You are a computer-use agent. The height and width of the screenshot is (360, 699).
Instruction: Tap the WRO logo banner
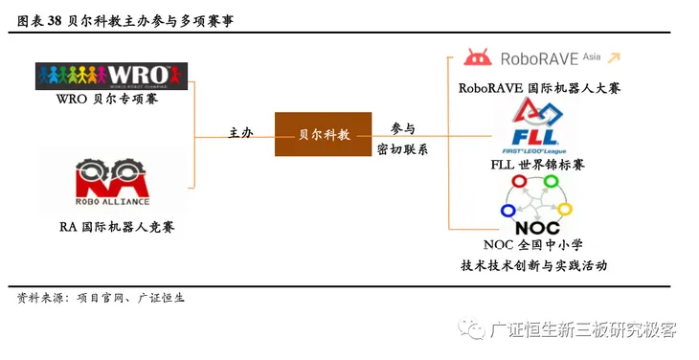112,76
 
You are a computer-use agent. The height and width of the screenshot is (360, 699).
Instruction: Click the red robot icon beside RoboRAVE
479,57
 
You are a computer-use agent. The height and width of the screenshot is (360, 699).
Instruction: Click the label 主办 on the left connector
240,132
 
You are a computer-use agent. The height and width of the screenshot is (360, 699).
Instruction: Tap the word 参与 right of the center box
403,128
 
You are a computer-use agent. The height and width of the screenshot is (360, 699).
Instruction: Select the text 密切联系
403,150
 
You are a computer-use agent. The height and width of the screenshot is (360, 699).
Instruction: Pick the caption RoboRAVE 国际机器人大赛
539,88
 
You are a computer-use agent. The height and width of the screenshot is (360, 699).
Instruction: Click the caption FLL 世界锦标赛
538,165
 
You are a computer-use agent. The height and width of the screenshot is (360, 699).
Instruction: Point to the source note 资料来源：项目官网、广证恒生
101,298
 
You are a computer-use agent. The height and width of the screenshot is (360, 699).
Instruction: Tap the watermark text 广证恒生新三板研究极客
582,330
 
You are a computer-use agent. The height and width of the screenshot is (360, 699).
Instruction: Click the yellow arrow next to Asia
613,57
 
